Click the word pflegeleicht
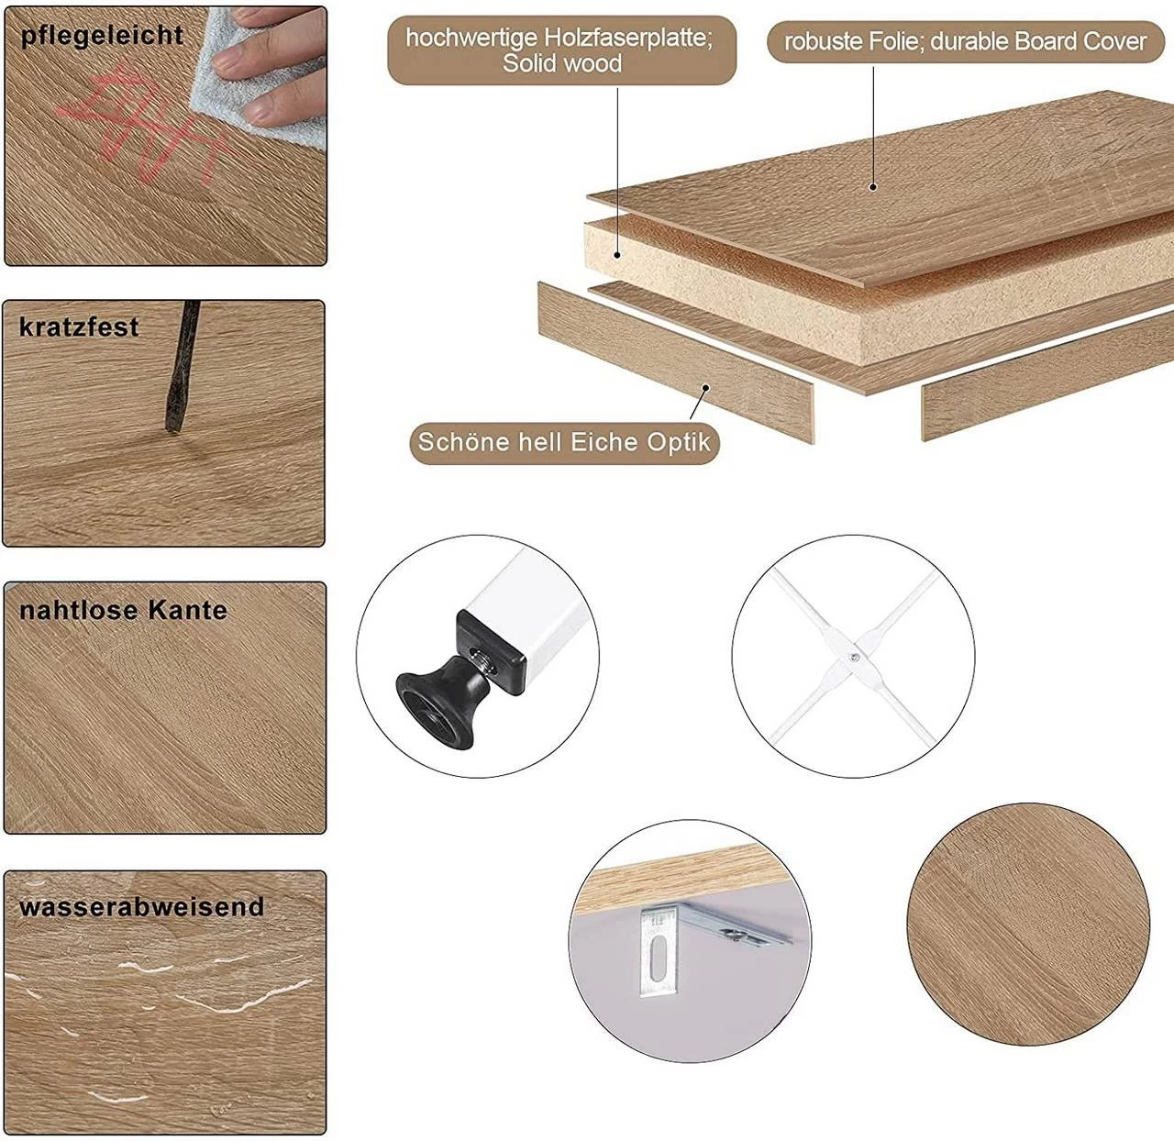(102, 36)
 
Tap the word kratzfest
(79, 327)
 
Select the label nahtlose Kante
(124, 610)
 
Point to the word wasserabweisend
(142, 907)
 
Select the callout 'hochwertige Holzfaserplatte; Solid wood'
(561, 50)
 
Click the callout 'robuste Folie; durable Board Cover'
(965, 41)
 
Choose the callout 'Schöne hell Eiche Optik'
(565, 442)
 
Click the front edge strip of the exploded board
(676, 362)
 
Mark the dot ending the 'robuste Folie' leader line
(873, 187)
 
